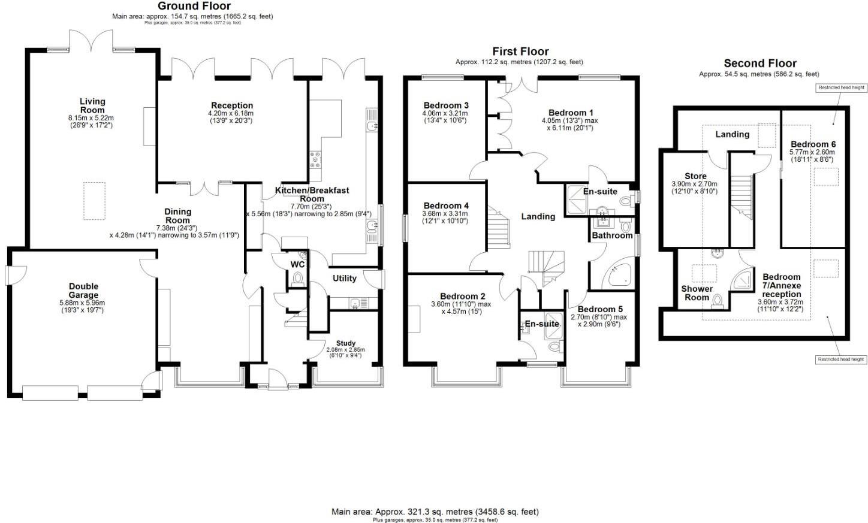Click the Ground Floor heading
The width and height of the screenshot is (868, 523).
click(x=194, y=6)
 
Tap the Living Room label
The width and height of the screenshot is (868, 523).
click(x=92, y=105)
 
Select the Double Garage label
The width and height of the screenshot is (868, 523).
click(x=83, y=291)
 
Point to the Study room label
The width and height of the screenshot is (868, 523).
click(x=345, y=343)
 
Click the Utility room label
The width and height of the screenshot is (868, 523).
click(x=344, y=278)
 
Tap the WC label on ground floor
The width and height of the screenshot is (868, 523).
click(x=297, y=264)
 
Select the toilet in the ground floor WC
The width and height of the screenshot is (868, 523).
click(x=297, y=279)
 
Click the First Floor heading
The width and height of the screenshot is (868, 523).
click(x=520, y=52)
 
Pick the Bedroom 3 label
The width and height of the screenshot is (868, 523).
click(x=445, y=105)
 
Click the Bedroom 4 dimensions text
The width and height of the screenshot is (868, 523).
click(x=445, y=217)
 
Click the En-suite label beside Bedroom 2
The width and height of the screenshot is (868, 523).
click(x=542, y=324)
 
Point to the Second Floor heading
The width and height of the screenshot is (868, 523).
click(x=759, y=63)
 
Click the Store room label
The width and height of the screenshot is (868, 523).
click(x=695, y=176)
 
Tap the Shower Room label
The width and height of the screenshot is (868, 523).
click(x=697, y=293)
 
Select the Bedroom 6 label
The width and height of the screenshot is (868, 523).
click(x=812, y=144)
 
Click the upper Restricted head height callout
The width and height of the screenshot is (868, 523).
click(x=842, y=87)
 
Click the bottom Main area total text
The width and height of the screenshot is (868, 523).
click(x=435, y=512)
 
